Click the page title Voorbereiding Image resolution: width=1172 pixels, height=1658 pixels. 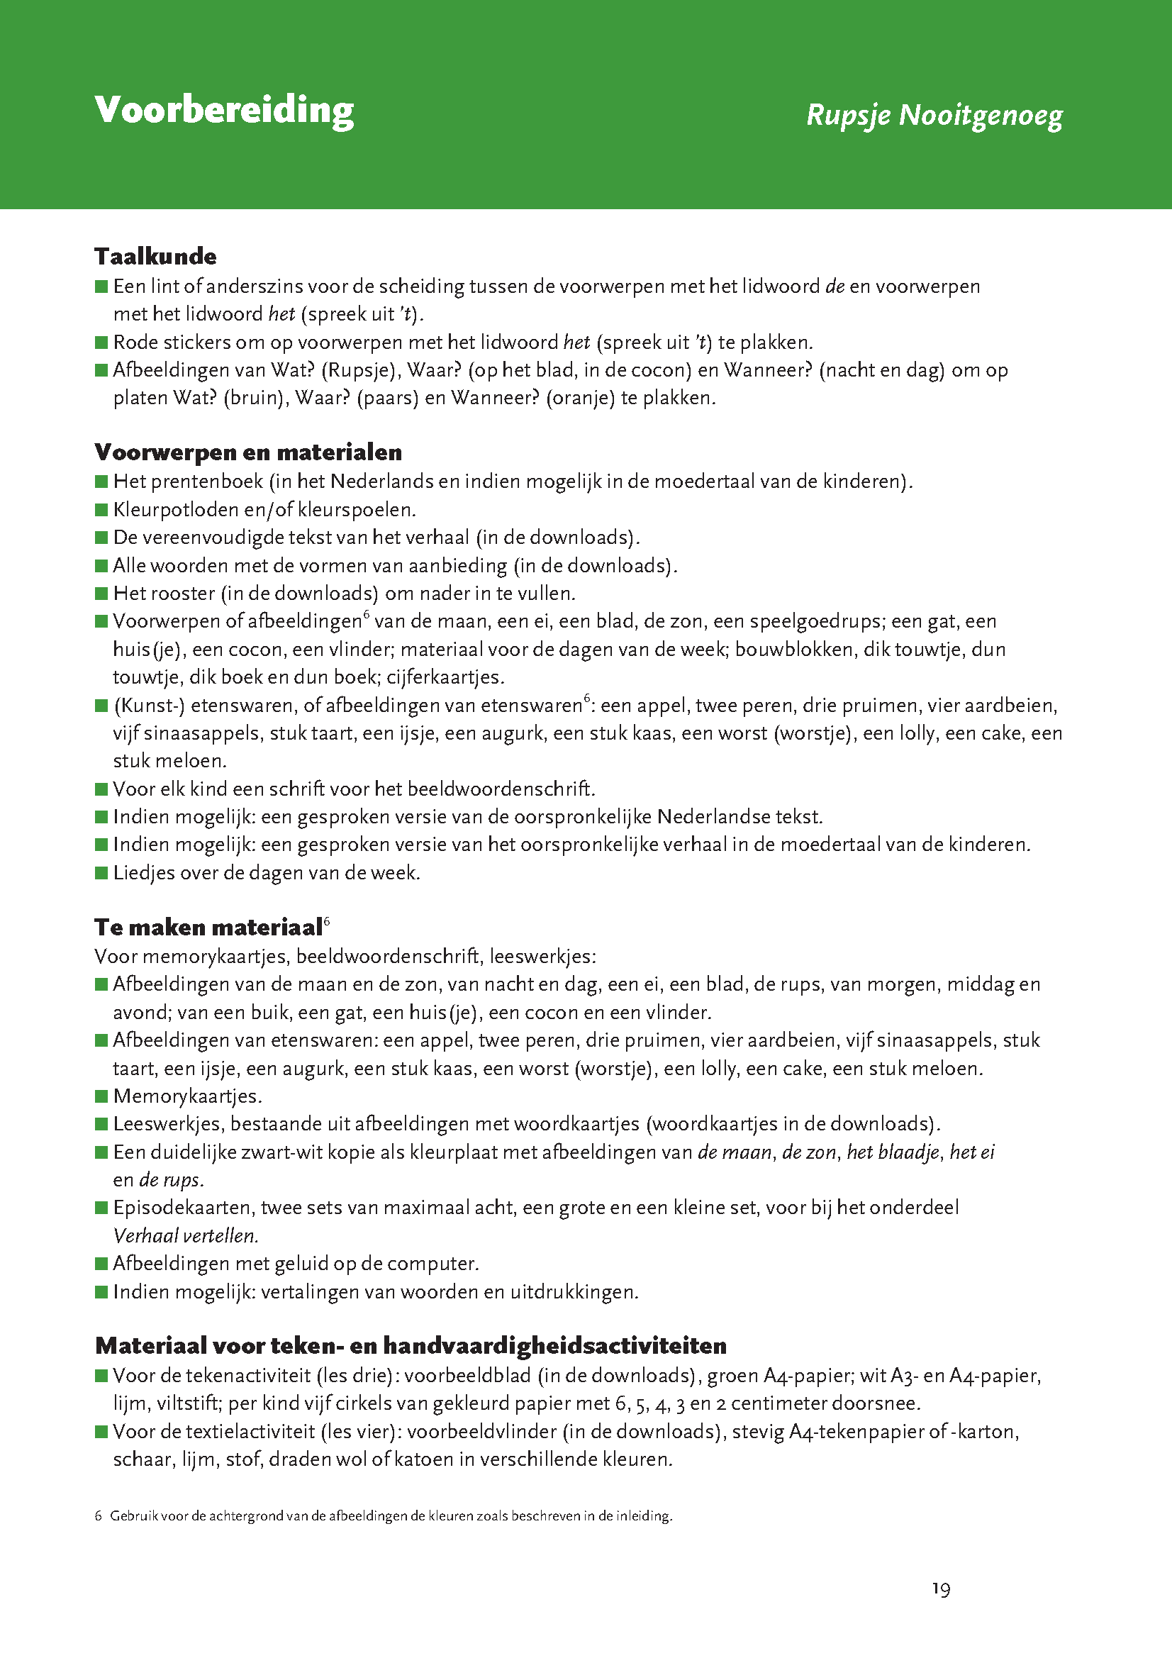pyautogui.click(x=224, y=110)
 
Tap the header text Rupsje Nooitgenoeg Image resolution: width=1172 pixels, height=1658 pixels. pyautogui.click(x=934, y=116)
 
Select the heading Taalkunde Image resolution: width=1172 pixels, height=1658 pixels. pyautogui.click(x=155, y=256)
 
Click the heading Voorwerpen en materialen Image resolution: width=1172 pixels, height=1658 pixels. pyautogui.click(x=248, y=452)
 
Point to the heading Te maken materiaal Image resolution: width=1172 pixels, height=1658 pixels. pyautogui.click(x=208, y=927)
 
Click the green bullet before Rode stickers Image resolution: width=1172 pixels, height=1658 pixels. pyautogui.click(x=101, y=342)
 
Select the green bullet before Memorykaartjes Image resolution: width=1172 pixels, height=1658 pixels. pyautogui.click(x=101, y=1096)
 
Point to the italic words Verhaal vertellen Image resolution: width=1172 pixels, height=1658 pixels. pyautogui.click(x=186, y=1235)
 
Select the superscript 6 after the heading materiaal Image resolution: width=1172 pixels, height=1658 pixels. pyautogui.click(x=327, y=920)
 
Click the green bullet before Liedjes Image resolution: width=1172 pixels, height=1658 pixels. pyautogui.click(x=101, y=873)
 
